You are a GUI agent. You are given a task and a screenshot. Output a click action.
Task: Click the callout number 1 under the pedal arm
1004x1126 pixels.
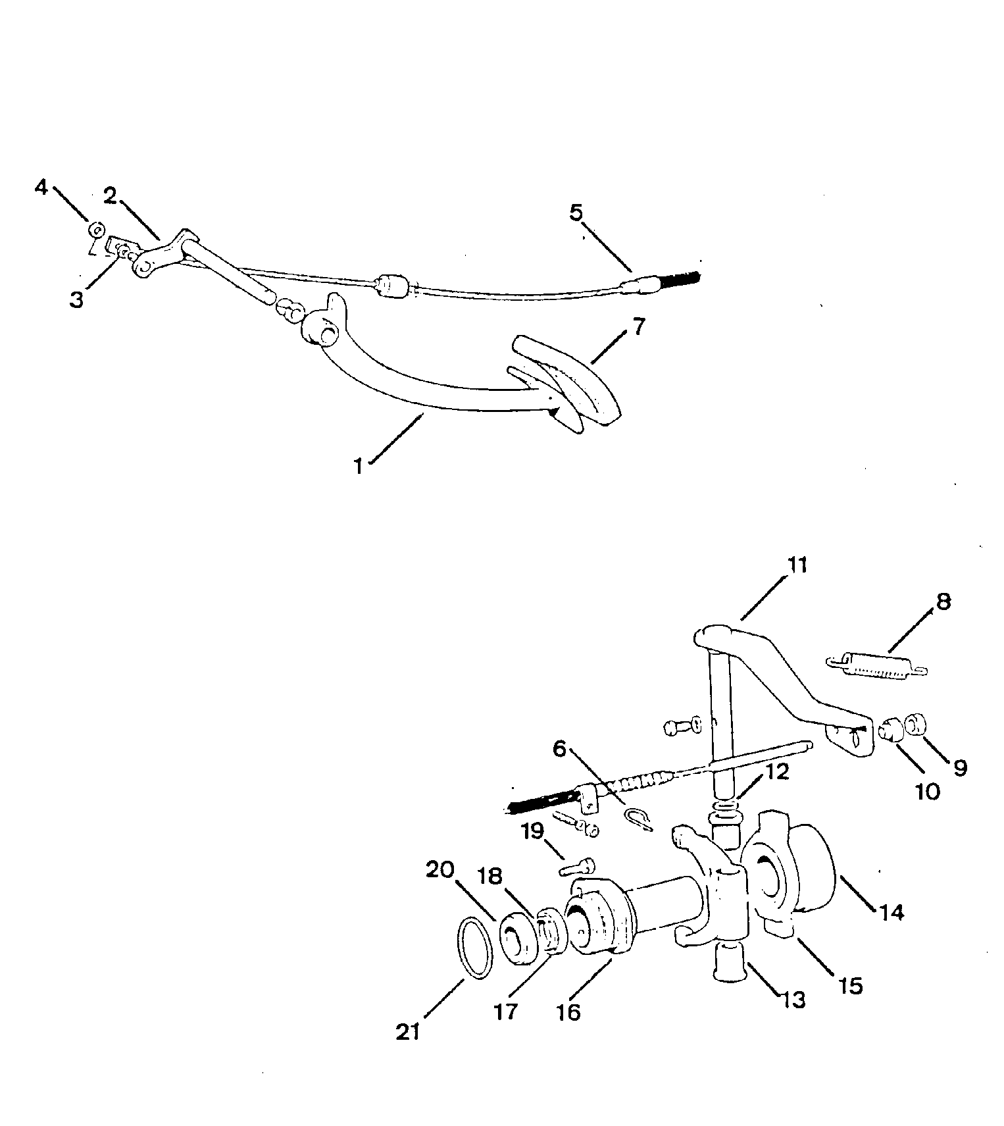(x=359, y=465)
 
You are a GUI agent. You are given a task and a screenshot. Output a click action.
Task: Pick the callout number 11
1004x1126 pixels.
(x=796, y=565)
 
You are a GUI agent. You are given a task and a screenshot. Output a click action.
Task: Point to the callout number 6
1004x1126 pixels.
(x=559, y=749)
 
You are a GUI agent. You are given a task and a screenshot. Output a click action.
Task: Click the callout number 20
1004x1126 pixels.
(x=440, y=869)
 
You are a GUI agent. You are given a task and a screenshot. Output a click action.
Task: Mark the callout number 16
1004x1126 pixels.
(x=569, y=1011)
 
